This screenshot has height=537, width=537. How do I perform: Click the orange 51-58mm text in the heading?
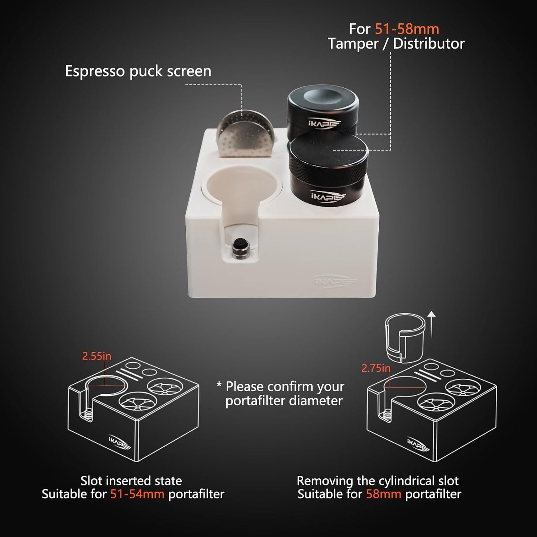point(407,29)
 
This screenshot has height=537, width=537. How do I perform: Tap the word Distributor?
point(429,44)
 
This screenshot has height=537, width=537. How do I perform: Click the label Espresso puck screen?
point(138,71)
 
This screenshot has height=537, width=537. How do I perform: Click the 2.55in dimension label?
point(97,356)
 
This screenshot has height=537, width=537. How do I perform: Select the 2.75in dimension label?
point(376,368)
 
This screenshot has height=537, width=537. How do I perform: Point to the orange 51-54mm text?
point(137,494)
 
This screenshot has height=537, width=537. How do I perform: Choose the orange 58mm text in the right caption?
point(384,494)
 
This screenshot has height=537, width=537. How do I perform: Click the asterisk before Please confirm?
point(219,384)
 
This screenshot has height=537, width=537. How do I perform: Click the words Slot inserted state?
point(131,481)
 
